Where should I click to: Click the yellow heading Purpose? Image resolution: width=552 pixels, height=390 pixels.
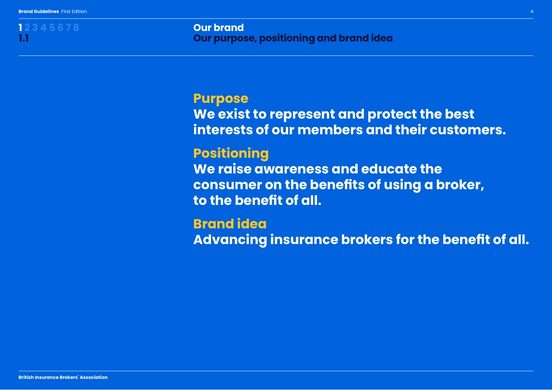click(220, 99)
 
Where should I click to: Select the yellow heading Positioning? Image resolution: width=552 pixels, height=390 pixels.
click(231, 153)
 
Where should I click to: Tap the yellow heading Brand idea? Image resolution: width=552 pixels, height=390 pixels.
click(229, 224)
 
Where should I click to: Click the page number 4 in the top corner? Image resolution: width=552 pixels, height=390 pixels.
click(532, 12)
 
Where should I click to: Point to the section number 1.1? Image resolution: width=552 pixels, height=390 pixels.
click(23, 38)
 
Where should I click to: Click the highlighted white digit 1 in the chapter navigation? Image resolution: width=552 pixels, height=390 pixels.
click(20, 28)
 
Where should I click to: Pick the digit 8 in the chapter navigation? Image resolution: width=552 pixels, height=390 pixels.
click(76, 28)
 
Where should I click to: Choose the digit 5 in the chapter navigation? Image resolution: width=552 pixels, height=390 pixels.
click(52, 28)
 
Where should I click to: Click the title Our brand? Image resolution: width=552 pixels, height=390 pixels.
click(218, 28)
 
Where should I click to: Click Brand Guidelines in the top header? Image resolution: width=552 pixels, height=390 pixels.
click(38, 12)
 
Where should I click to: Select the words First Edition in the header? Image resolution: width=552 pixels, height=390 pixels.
click(74, 12)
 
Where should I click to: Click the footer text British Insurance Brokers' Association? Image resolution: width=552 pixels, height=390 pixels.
click(63, 378)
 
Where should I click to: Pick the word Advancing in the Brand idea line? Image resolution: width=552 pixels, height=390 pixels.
click(230, 240)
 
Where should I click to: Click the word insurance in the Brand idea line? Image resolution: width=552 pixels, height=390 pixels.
click(304, 240)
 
